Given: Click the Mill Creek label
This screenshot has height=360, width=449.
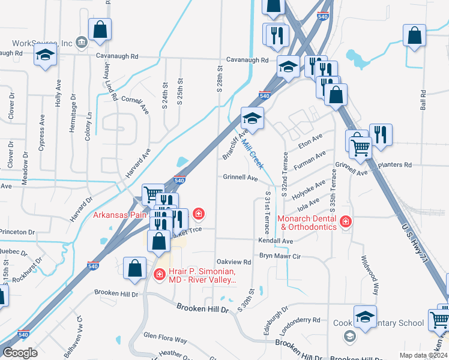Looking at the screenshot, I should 252,154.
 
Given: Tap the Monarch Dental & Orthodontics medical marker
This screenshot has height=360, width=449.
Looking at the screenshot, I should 345,223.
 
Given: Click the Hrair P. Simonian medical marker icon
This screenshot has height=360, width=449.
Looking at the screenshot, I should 160,275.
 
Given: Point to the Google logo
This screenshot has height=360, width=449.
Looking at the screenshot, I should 20,353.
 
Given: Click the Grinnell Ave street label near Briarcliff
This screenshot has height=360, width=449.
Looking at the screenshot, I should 240,178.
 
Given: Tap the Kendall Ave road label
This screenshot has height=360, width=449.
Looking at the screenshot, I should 276,241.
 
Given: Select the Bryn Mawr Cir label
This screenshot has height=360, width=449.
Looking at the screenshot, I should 279,256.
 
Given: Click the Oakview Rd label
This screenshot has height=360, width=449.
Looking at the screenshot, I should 234,262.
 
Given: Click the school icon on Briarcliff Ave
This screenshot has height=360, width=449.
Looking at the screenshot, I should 253,118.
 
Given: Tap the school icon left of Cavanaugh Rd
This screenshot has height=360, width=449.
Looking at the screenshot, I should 44,56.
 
